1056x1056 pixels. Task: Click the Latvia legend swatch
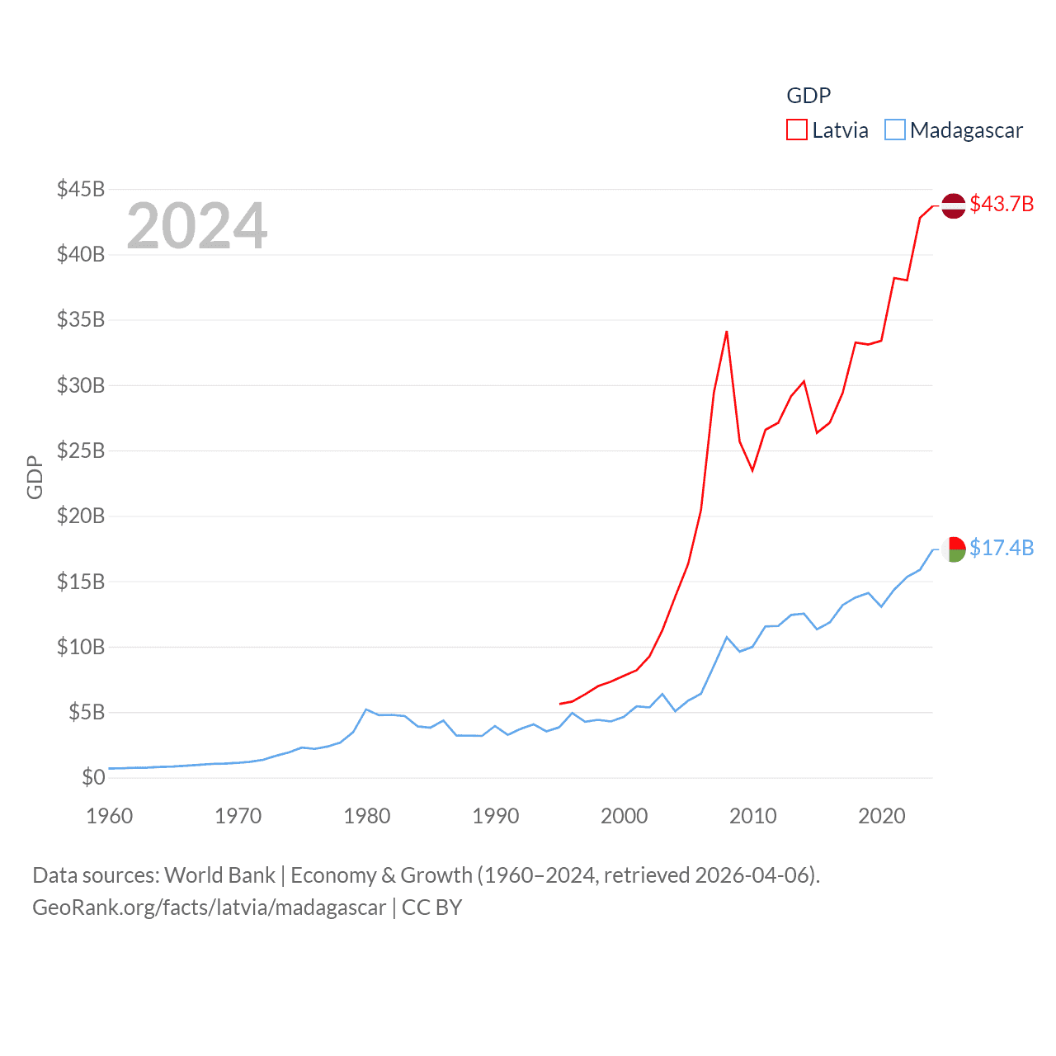click(x=796, y=130)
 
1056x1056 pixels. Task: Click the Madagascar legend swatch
click(x=894, y=130)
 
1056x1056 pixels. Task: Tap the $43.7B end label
click(x=1002, y=204)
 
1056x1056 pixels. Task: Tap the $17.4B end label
click(x=1002, y=548)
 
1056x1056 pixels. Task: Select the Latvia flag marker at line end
click(x=954, y=205)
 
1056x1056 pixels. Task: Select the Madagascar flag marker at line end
click(x=954, y=549)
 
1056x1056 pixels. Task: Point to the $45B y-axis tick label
click(x=81, y=189)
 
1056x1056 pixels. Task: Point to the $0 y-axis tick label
click(x=93, y=777)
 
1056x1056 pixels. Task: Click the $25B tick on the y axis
click(x=81, y=450)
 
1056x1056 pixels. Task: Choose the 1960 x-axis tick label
click(x=110, y=816)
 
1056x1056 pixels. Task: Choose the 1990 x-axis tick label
click(x=496, y=816)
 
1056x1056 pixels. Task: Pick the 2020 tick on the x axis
click(x=882, y=816)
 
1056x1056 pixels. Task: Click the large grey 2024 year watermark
click(x=197, y=225)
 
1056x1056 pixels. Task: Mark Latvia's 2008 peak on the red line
click(x=727, y=332)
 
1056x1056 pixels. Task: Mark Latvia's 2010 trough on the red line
click(x=752, y=470)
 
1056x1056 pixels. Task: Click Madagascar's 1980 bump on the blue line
click(x=366, y=709)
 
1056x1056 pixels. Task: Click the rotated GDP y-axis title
click(x=35, y=477)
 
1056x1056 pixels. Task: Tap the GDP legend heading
click(x=808, y=96)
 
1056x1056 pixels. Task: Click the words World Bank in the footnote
click(x=219, y=874)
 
